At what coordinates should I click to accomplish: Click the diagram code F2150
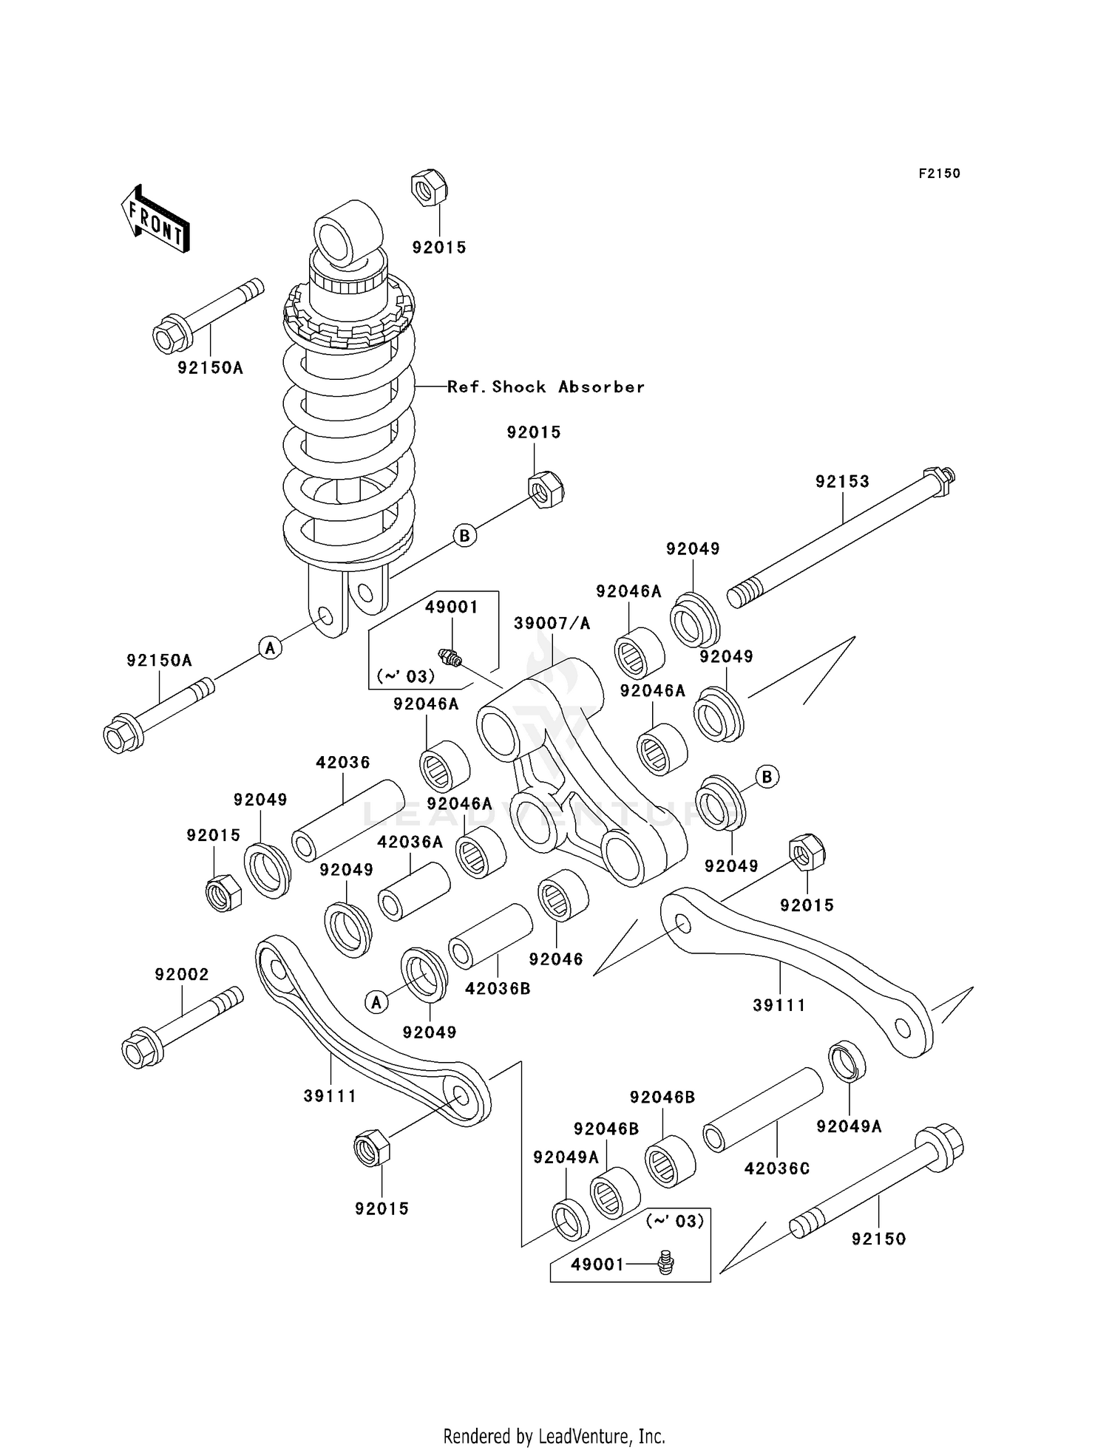[939, 174]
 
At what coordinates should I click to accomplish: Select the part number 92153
[842, 481]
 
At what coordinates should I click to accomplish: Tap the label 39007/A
[552, 623]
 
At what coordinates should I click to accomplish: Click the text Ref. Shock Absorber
[546, 387]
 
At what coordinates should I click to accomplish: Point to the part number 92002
[182, 975]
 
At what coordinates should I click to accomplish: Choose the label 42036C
[776, 1168]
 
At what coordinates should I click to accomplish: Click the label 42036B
[498, 988]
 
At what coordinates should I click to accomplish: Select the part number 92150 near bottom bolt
[878, 1239]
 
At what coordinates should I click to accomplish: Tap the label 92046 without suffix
[556, 959]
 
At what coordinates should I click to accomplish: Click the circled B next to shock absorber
[464, 535]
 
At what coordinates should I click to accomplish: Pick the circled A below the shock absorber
[271, 647]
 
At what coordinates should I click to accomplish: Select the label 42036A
[410, 842]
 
